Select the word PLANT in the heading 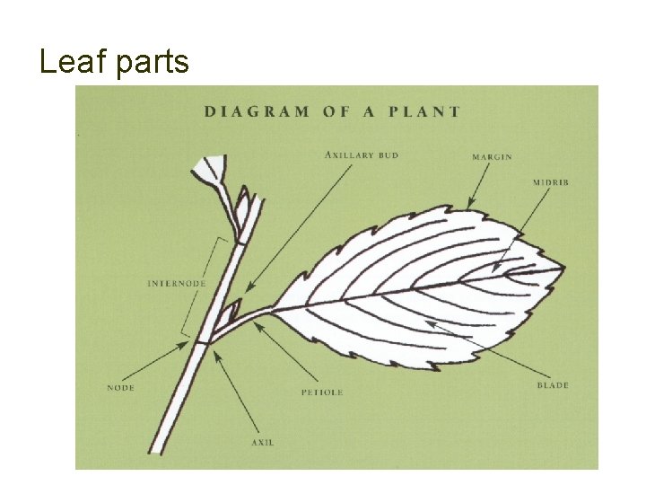coord(424,112)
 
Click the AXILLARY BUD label coord(362,155)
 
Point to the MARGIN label coord(492,157)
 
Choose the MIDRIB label coord(550,182)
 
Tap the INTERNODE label coord(176,284)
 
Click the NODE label coord(121,388)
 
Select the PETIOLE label coord(321,392)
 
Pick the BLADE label coord(553,385)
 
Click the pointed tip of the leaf coord(562,268)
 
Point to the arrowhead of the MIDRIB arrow coord(494,270)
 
